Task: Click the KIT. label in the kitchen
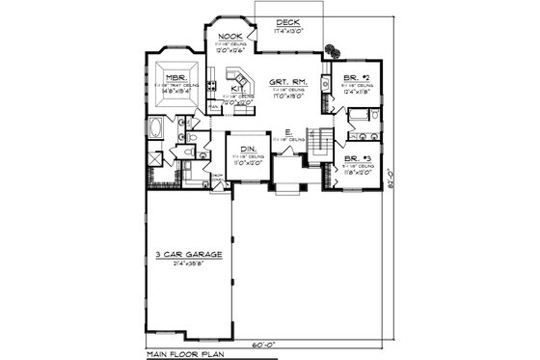coord(236,89)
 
